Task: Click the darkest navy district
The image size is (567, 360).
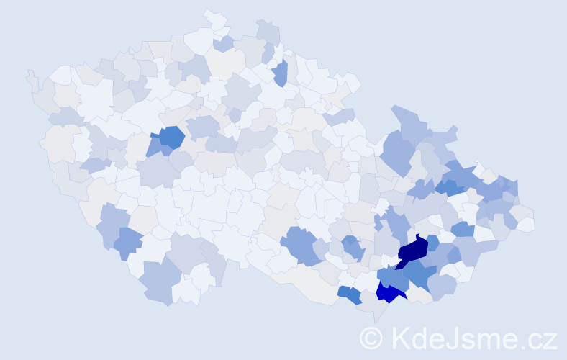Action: point(412,251)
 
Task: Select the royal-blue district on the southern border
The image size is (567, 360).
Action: point(389,292)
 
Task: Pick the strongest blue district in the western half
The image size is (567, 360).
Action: point(171,136)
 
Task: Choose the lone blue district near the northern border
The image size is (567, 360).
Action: point(280,73)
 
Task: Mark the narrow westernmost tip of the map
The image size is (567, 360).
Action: point(30,76)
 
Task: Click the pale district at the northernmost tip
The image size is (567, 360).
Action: point(214,18)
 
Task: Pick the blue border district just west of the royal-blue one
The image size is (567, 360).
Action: point(349,294)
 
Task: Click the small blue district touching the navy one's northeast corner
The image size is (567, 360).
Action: point(432,243)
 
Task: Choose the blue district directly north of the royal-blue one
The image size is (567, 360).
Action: point(392,276)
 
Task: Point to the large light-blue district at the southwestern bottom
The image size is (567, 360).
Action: point(158,281)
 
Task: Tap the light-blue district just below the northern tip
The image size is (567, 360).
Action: point(222,44)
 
